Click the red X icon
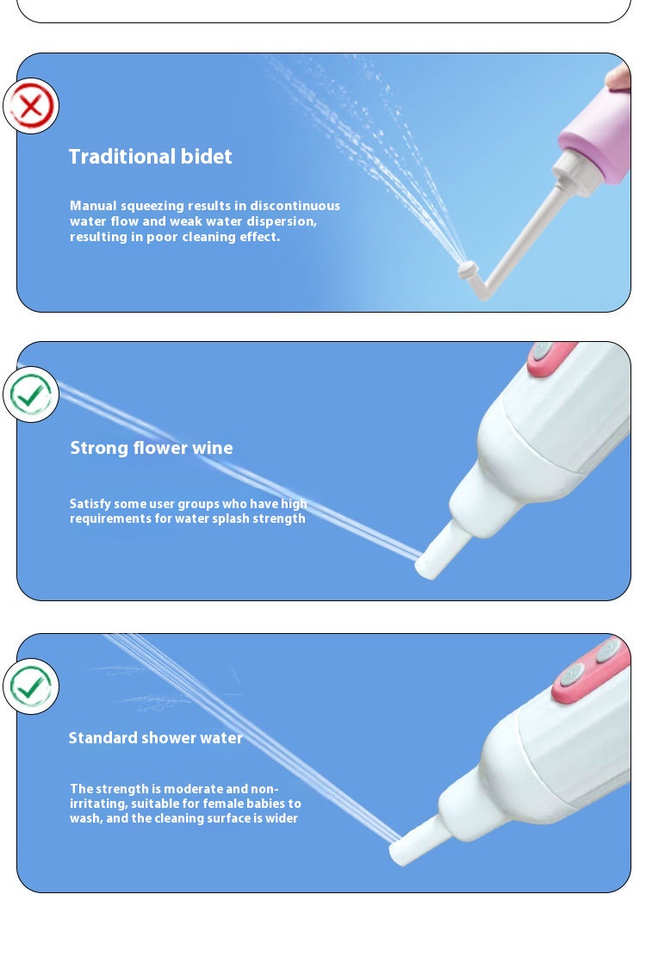click(x=31, y=106)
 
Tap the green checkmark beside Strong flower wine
click(x=31, y=394)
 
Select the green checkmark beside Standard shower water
click(x=31, y=686)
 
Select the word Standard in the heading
click(x=102, y=737)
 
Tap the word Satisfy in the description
click(x=90, y=504)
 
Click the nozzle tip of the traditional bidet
click(x=467, y=270)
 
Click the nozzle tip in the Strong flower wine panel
click(x=425, y=568)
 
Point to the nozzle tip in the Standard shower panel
click(x=400, y=853)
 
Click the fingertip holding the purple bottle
click(x=619, y=76)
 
